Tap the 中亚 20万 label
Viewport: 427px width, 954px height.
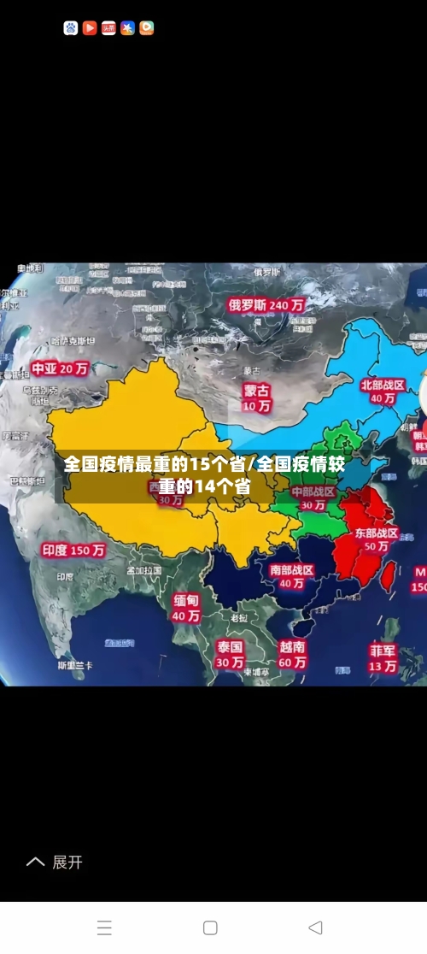tap(60, 368)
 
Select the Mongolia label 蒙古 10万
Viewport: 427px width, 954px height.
tap(256, 397)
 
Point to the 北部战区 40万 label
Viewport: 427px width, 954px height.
tap(377, 392)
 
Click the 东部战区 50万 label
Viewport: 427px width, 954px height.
tap(377, 539)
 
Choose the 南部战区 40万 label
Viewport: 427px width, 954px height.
tap(291, 576)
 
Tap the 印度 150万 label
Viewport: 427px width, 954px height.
tap(73, 551)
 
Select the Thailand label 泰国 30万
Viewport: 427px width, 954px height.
tap(230, 654)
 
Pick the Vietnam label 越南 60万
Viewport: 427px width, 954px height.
tap(292, 655)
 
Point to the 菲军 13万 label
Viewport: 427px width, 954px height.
tap(383, 657)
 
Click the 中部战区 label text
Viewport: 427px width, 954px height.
tap(313, 492)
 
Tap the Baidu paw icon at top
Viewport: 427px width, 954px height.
tap(71, 28)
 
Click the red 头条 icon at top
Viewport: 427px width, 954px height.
tap(108, 28)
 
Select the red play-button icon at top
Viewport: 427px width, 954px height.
tap(90, 28)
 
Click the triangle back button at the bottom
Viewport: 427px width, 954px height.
tap(315, 927)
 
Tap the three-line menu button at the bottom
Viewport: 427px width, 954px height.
tap(104, 927)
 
